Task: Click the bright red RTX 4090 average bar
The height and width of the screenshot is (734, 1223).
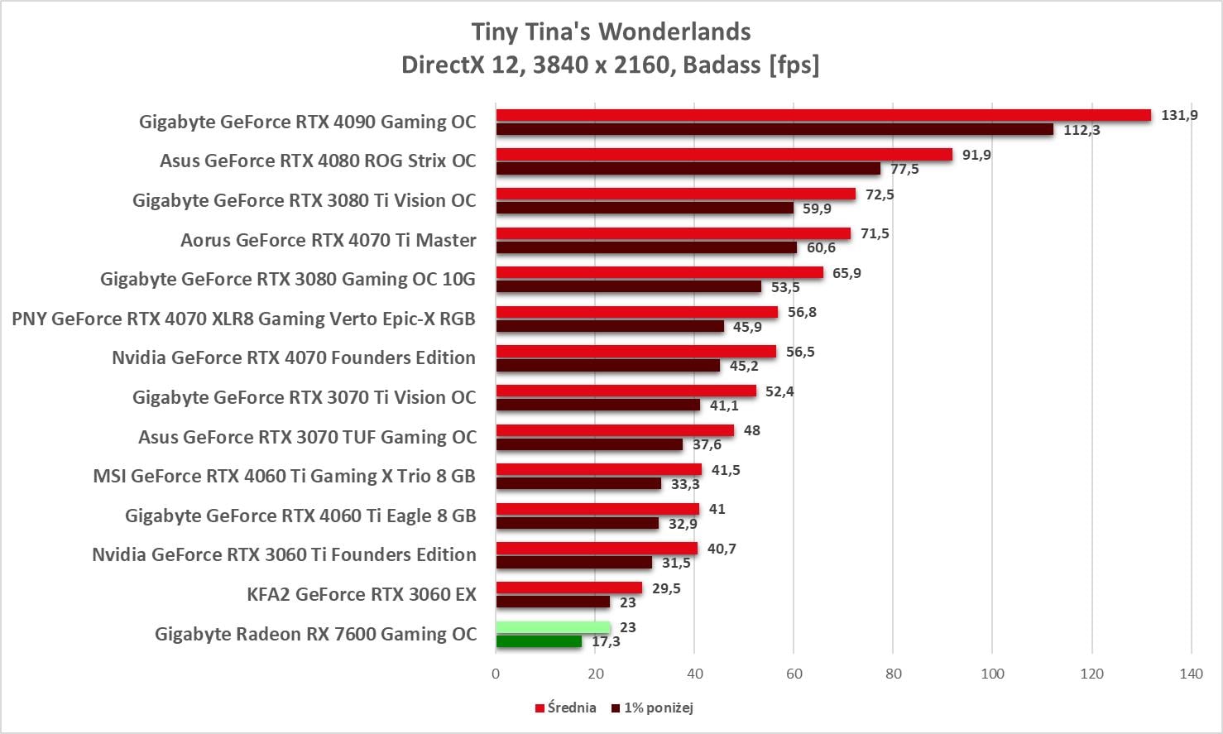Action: point(823,115)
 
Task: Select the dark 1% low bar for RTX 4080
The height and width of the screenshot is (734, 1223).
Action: point(688,169)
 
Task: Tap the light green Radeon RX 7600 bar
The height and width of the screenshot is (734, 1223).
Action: point(553,627)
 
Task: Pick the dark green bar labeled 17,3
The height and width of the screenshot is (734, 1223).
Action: point(539,641)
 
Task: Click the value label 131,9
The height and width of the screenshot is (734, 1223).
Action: point(1179,115)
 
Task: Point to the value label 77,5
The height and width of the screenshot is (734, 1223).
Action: point(904,170)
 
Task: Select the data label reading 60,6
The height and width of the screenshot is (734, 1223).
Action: point(821,248)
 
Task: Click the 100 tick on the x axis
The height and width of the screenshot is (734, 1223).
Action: point(992,674)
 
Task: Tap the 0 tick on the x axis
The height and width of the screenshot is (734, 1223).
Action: point(496,674)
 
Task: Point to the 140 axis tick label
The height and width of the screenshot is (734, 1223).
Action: point(1191,674)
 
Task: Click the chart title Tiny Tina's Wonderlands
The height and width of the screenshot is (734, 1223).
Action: point(611,31)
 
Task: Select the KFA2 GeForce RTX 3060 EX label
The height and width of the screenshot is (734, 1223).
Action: point(362,594)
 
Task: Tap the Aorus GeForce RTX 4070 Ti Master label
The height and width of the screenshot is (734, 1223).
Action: point(329,240)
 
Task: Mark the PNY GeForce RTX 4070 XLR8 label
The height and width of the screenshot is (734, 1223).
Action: point(243,319)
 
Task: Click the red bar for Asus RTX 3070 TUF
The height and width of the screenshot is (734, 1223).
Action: point(615,430)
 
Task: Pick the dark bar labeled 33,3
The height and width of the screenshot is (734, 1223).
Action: point(578,484)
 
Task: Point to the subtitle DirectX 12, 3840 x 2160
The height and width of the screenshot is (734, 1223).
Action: point(611,65)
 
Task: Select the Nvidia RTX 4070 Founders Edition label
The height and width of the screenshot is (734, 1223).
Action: point(294,357)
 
